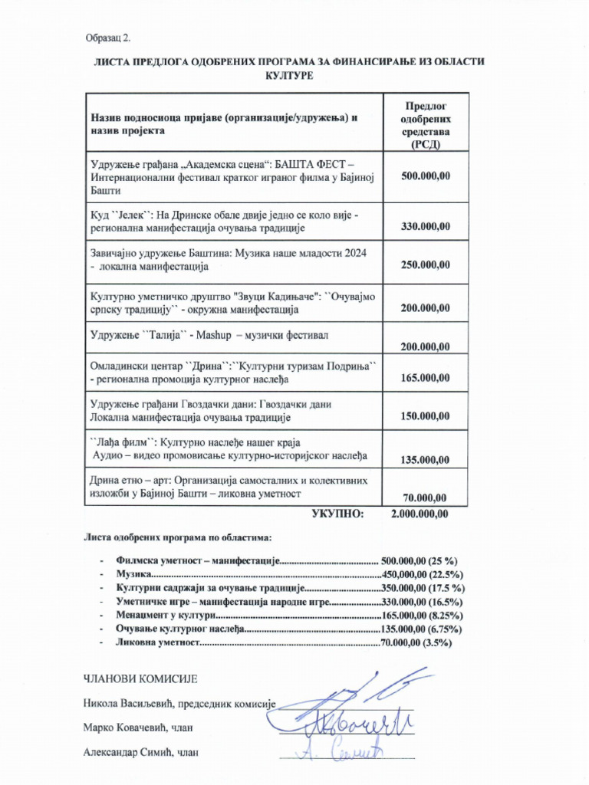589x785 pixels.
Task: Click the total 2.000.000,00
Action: [x=420, y=514]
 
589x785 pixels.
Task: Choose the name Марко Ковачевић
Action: [x=121, y=728]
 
